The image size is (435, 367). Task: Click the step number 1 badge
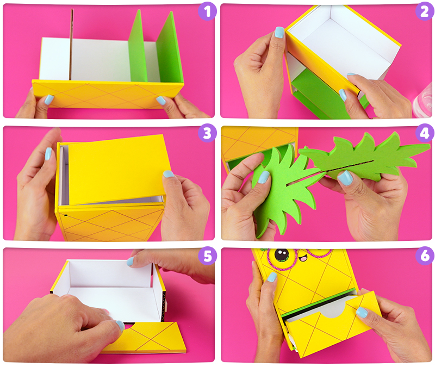[x=207, y=11]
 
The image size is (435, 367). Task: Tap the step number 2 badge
[x=425, y=11]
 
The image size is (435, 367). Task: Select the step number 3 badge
[x=207, y=133]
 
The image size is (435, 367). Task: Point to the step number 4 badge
[x=425, y=133]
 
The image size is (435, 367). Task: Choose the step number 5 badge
[x=207, y=256]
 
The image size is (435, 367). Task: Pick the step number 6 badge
[x=425, y=256]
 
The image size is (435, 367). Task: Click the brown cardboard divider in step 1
[x=71, y=45]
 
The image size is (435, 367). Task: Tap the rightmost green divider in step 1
[x=169, y=48]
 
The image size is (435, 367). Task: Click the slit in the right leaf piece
[x=351, y=165]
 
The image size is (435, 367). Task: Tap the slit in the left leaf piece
[x=305, y=179]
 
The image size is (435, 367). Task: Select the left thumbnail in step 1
[x=49, y=99]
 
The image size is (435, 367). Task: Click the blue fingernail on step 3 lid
[x=168, y=174]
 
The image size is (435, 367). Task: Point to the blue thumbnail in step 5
[x=120, y=325]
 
